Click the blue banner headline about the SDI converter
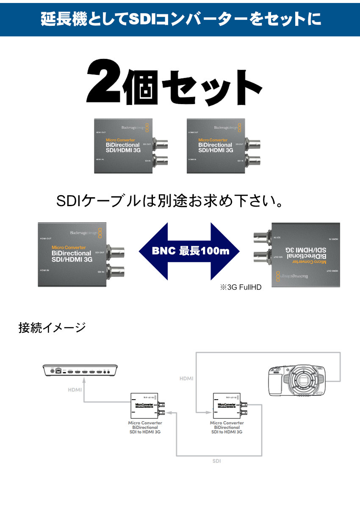(x=180, y=19)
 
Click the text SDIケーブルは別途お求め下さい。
(x=169, y=201)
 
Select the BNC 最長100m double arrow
(x=189, y=251)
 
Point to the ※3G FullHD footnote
(x=240, y=287)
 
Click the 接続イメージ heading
(x=52, y=328)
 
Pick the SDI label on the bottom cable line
(x=216, y=461)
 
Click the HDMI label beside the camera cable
(x=186, y=378)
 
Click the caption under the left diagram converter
(x=145, y=427)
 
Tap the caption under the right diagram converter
(x=227, y=427)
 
